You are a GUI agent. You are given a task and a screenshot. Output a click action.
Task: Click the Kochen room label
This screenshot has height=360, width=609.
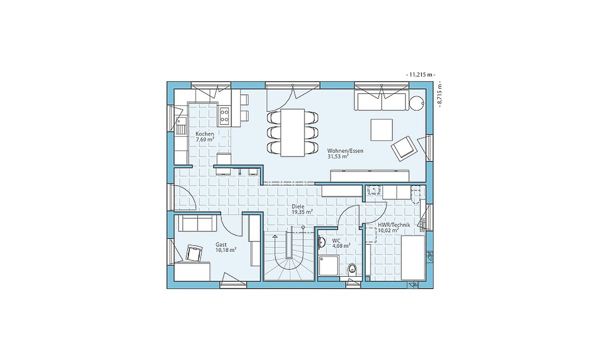(x=205, y=134)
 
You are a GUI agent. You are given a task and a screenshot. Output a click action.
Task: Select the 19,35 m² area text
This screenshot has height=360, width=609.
(x=303, y=212)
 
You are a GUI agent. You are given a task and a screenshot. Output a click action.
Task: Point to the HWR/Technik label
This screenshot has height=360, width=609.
(x=394, y=225)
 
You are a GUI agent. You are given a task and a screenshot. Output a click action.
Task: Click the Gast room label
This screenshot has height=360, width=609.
(x=221, y=245)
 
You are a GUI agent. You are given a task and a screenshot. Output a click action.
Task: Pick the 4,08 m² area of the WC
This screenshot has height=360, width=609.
(x=341, y=246)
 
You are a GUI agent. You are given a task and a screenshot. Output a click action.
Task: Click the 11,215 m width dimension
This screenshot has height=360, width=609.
(x=420, y=74)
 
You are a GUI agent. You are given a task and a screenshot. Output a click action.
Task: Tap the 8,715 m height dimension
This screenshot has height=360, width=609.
(x=440, y=94)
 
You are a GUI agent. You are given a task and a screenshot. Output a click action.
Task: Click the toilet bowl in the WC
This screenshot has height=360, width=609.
(x=352, y=268)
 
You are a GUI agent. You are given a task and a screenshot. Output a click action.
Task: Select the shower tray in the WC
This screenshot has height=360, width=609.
(x=329, y=265)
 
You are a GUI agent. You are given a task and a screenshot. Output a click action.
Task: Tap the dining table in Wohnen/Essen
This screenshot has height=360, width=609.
(x=293, y=132)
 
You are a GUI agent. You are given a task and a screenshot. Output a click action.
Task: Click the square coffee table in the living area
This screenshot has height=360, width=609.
(x=381, y=130)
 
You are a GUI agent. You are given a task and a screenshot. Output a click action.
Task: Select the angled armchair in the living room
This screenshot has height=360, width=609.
(x=404, y=148)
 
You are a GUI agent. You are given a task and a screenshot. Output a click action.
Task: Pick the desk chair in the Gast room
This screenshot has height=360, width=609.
(x=194, y=253)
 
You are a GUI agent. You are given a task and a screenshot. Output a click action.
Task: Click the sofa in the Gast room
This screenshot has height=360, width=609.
(x=197, y=223)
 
